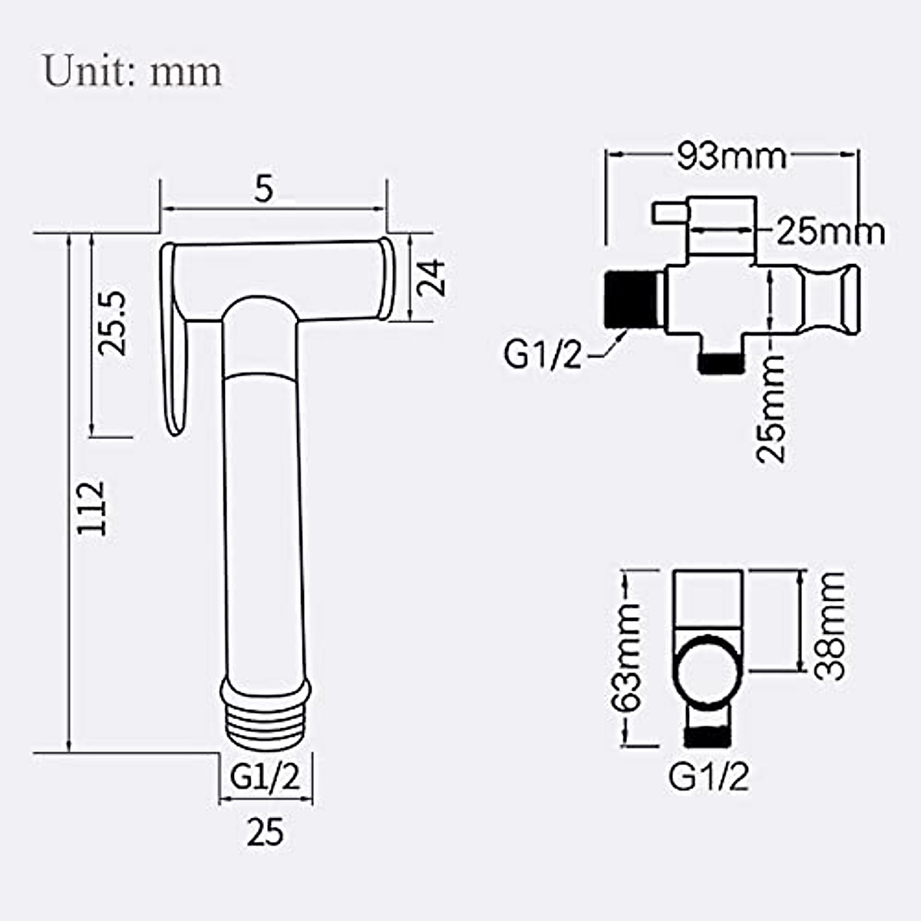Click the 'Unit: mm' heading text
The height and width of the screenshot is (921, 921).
pos(133,71)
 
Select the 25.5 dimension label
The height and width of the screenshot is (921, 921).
pos(112,324)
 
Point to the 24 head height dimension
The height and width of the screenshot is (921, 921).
pos(431,278)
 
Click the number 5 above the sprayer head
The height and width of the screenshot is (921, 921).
pos(263,188)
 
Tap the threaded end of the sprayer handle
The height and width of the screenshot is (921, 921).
pos(266,717)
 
